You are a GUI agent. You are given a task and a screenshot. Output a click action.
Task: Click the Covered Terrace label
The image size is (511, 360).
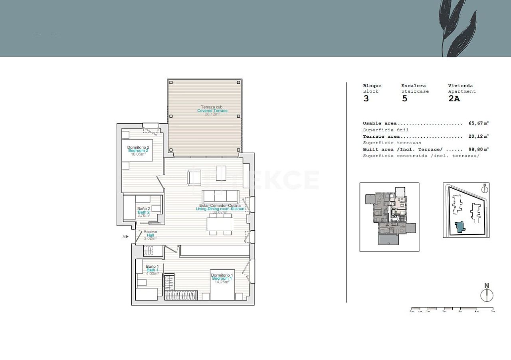(212, 111)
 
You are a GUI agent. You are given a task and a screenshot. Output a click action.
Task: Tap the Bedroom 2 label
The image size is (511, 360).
(138, 150)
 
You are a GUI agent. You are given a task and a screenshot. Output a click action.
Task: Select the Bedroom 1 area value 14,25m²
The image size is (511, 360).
(222, 282)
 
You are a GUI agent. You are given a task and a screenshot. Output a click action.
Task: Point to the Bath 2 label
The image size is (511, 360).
(144, 212)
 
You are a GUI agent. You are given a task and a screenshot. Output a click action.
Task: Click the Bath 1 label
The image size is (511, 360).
(153, 270)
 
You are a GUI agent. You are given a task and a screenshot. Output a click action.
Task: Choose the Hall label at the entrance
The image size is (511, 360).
(150, 235)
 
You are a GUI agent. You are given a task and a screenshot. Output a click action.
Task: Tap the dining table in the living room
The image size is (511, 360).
(220, 225)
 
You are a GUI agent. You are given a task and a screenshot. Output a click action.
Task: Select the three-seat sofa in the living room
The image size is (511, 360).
(220, 196)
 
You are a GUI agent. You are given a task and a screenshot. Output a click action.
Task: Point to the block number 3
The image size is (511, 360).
(366, 99)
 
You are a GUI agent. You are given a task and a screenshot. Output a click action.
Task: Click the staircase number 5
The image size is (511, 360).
(404, 99)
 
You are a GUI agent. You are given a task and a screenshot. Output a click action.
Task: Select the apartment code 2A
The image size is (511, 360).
(454, 99)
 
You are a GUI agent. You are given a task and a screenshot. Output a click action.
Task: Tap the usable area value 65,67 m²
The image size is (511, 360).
(478, 123)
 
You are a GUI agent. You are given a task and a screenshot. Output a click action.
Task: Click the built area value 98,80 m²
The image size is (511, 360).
(478, 149)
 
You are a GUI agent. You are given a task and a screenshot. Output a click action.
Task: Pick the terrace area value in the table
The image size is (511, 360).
(478, 136)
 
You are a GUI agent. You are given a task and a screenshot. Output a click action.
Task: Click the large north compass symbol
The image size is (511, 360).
(487, 295)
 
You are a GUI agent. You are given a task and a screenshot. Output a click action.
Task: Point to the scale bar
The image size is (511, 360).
(452, 309)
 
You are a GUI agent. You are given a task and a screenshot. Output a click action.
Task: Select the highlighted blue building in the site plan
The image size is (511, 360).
(460, 227)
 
